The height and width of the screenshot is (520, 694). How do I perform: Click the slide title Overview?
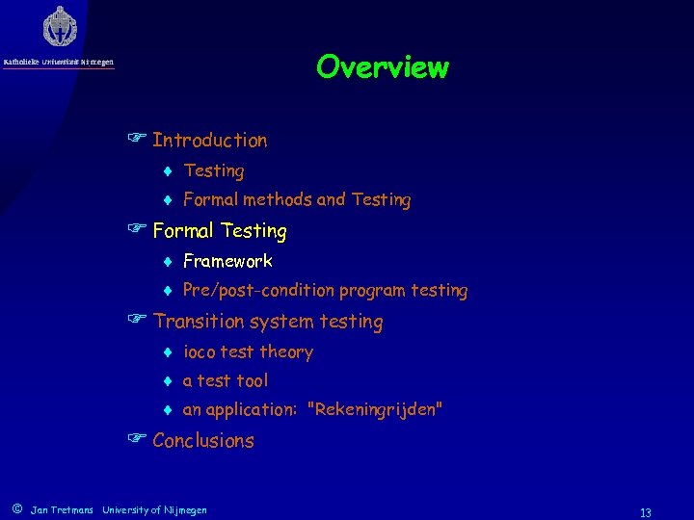(x=382, y=67)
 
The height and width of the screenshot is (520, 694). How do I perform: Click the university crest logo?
(x=60, y=26)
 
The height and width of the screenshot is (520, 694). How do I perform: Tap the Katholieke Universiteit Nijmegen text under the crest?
(x=59, y=63)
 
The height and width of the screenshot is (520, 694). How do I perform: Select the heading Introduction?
(x=209, y=141)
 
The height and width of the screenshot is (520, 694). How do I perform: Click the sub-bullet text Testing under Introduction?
(x=213, y=171)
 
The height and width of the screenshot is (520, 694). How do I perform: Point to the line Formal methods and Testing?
(x=296, y=200)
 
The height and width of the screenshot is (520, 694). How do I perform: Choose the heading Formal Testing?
(x=220, y=231)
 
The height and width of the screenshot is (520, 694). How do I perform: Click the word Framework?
(x=227, y=261)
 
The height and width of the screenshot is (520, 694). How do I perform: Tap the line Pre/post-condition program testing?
(x=325, y=290)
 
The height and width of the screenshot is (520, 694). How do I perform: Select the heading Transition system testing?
(x=267, y=322)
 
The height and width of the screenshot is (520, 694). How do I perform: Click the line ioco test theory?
(x=248, y=351)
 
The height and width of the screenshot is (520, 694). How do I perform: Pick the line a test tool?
(x=226, y=380)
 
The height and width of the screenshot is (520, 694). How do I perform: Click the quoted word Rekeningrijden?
(x=375, y=410)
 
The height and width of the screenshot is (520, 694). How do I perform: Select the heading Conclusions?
(x=202, y=441)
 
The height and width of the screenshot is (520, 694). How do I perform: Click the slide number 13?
(x=646, y=512)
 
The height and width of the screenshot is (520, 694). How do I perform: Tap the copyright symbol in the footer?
(x=16, y=508)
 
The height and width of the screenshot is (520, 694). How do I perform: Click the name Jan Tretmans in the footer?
(x=62, y=509)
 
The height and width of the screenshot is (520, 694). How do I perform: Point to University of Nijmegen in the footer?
(x=154, y=509)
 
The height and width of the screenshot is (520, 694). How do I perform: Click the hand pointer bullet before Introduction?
(x=136, y=141)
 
